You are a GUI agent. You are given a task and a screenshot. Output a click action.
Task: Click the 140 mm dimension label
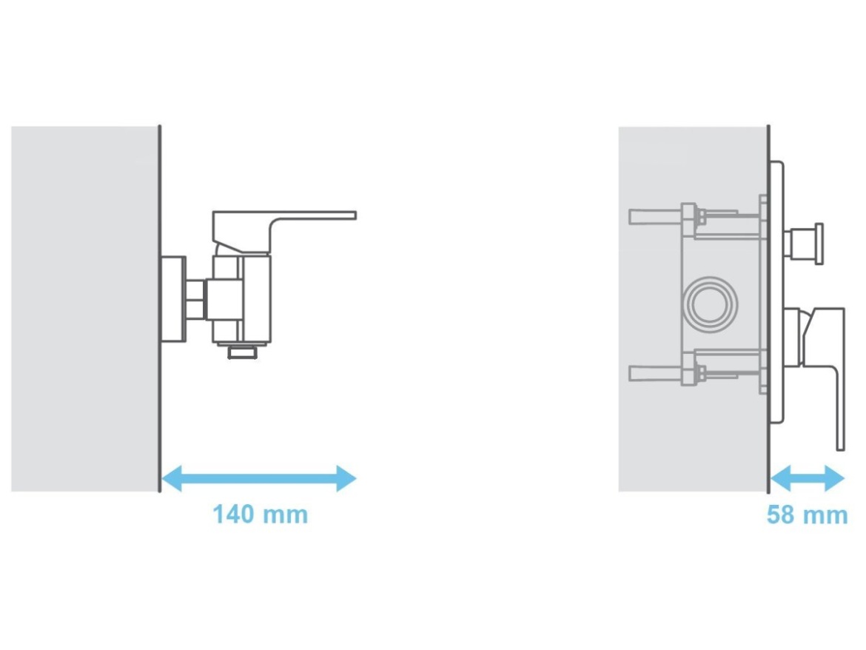(x=260, y=515)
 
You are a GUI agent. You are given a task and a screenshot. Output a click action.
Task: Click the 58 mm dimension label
(x=807, y=515)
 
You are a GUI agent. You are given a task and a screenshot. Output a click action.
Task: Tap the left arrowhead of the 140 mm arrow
(x=171, y=478)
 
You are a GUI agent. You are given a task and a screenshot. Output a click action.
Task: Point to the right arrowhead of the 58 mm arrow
(x=834, y=478)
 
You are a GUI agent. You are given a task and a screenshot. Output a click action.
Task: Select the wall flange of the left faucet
(x=173, y=299)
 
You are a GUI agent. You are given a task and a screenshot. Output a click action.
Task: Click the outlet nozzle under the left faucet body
(x=243, y=351)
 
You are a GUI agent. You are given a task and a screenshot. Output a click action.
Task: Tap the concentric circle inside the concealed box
(x=711, y=304)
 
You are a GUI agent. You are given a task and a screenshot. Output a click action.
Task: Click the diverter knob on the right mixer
(x=804, y=243)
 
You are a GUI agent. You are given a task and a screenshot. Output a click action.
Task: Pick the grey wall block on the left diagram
(x=84, y=309)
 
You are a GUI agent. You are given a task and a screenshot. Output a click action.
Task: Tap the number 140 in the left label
(x=234, y=515)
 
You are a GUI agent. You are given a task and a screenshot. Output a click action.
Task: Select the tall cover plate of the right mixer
(x=776, y=292)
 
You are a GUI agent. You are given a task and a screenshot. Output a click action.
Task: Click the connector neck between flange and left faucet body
(x=195, y=299)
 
